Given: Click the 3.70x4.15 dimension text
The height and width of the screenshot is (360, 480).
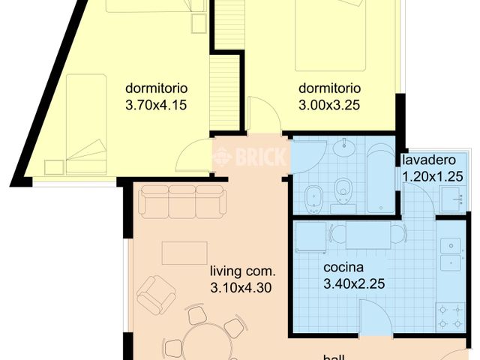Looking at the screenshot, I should point(156,105).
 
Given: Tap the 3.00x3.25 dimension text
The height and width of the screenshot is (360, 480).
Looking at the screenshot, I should point(329,105).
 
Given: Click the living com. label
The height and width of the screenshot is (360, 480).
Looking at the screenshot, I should point(243,271).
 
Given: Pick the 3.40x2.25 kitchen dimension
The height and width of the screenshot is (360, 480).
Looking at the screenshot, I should point(354,284).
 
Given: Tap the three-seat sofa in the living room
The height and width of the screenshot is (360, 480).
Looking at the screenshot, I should point(181,201).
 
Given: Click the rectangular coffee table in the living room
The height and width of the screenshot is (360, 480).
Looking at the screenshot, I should point(184,253).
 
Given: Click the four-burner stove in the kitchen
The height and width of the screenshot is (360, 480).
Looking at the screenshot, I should point(451,315).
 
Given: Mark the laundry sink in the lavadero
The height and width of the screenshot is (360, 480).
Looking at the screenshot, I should point(451,198).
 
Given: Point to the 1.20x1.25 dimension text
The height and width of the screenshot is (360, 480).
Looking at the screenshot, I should point(433,177).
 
